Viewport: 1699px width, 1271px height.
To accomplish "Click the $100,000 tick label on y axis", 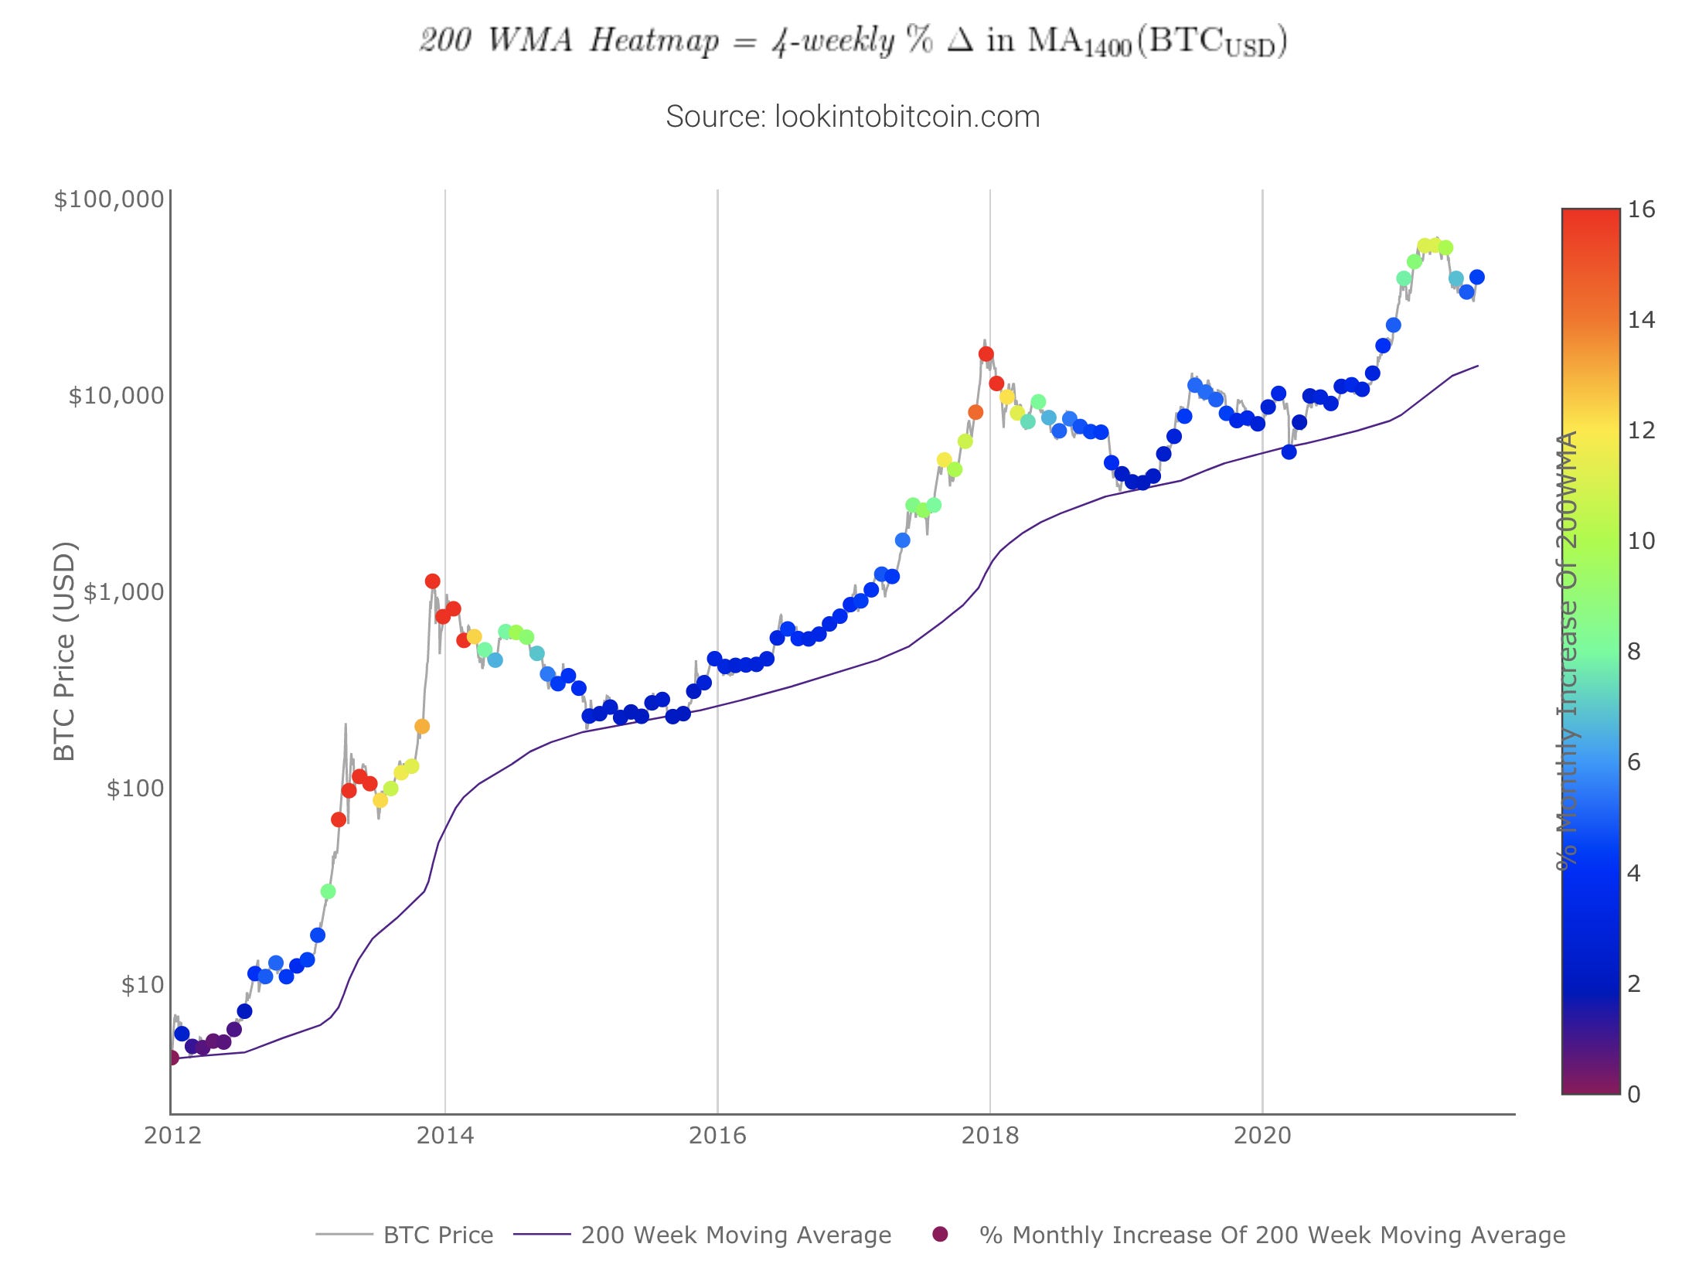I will coord(109,199).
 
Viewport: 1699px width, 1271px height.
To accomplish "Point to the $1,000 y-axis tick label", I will coord(124,592).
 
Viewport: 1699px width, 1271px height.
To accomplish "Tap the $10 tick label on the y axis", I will coord(143,985).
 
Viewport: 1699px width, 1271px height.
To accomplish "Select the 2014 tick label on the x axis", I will coord(444,1135).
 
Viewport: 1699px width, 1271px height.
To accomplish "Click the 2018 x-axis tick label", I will coord(989,1135).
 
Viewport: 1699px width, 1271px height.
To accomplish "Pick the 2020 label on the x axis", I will coord(1262,1135).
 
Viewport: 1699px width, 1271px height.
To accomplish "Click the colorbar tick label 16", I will coord(1641,210).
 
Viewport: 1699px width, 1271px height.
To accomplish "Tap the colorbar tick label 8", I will coord(1634,652).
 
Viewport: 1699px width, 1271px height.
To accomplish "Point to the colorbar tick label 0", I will coord(1634,1094).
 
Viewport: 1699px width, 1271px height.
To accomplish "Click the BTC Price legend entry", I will coord(438,1235).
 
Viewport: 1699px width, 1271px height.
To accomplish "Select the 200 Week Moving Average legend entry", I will coord(736,1235).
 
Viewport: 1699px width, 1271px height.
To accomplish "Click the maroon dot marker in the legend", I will coord(940,1234).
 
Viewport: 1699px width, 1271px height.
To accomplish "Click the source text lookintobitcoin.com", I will coord(853,117).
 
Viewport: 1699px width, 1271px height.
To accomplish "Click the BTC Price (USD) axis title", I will coord(65,651).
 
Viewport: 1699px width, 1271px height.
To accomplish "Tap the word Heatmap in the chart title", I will coord(654,40).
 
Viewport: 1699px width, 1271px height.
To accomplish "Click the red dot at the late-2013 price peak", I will coord(432,581).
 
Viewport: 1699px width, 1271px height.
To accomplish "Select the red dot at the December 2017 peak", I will coord(986,354).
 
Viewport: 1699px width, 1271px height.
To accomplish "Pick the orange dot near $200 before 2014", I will coord(422,727).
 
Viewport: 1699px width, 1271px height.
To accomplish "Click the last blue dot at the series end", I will coord(1476,277).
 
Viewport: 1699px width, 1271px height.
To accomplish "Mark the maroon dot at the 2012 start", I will coord(172,1058).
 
